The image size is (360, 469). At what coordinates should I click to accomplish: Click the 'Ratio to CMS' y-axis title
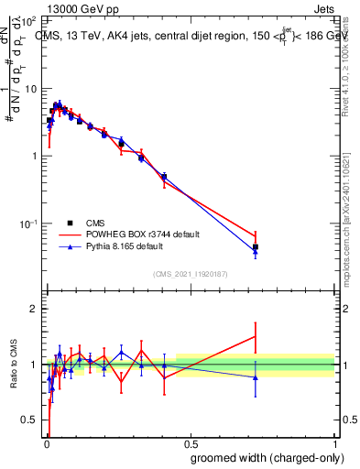click(12, 365)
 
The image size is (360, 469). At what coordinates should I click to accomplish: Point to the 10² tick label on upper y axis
click(27, 21)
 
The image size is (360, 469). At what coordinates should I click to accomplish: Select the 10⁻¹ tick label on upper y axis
click(27, 224)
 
